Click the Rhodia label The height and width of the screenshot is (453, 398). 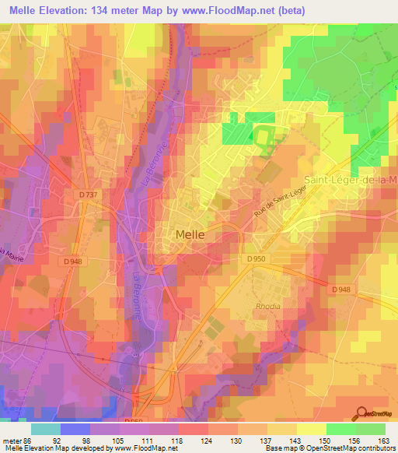267,306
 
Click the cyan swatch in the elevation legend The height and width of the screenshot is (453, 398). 45,428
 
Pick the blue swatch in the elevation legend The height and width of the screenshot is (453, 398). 75,428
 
